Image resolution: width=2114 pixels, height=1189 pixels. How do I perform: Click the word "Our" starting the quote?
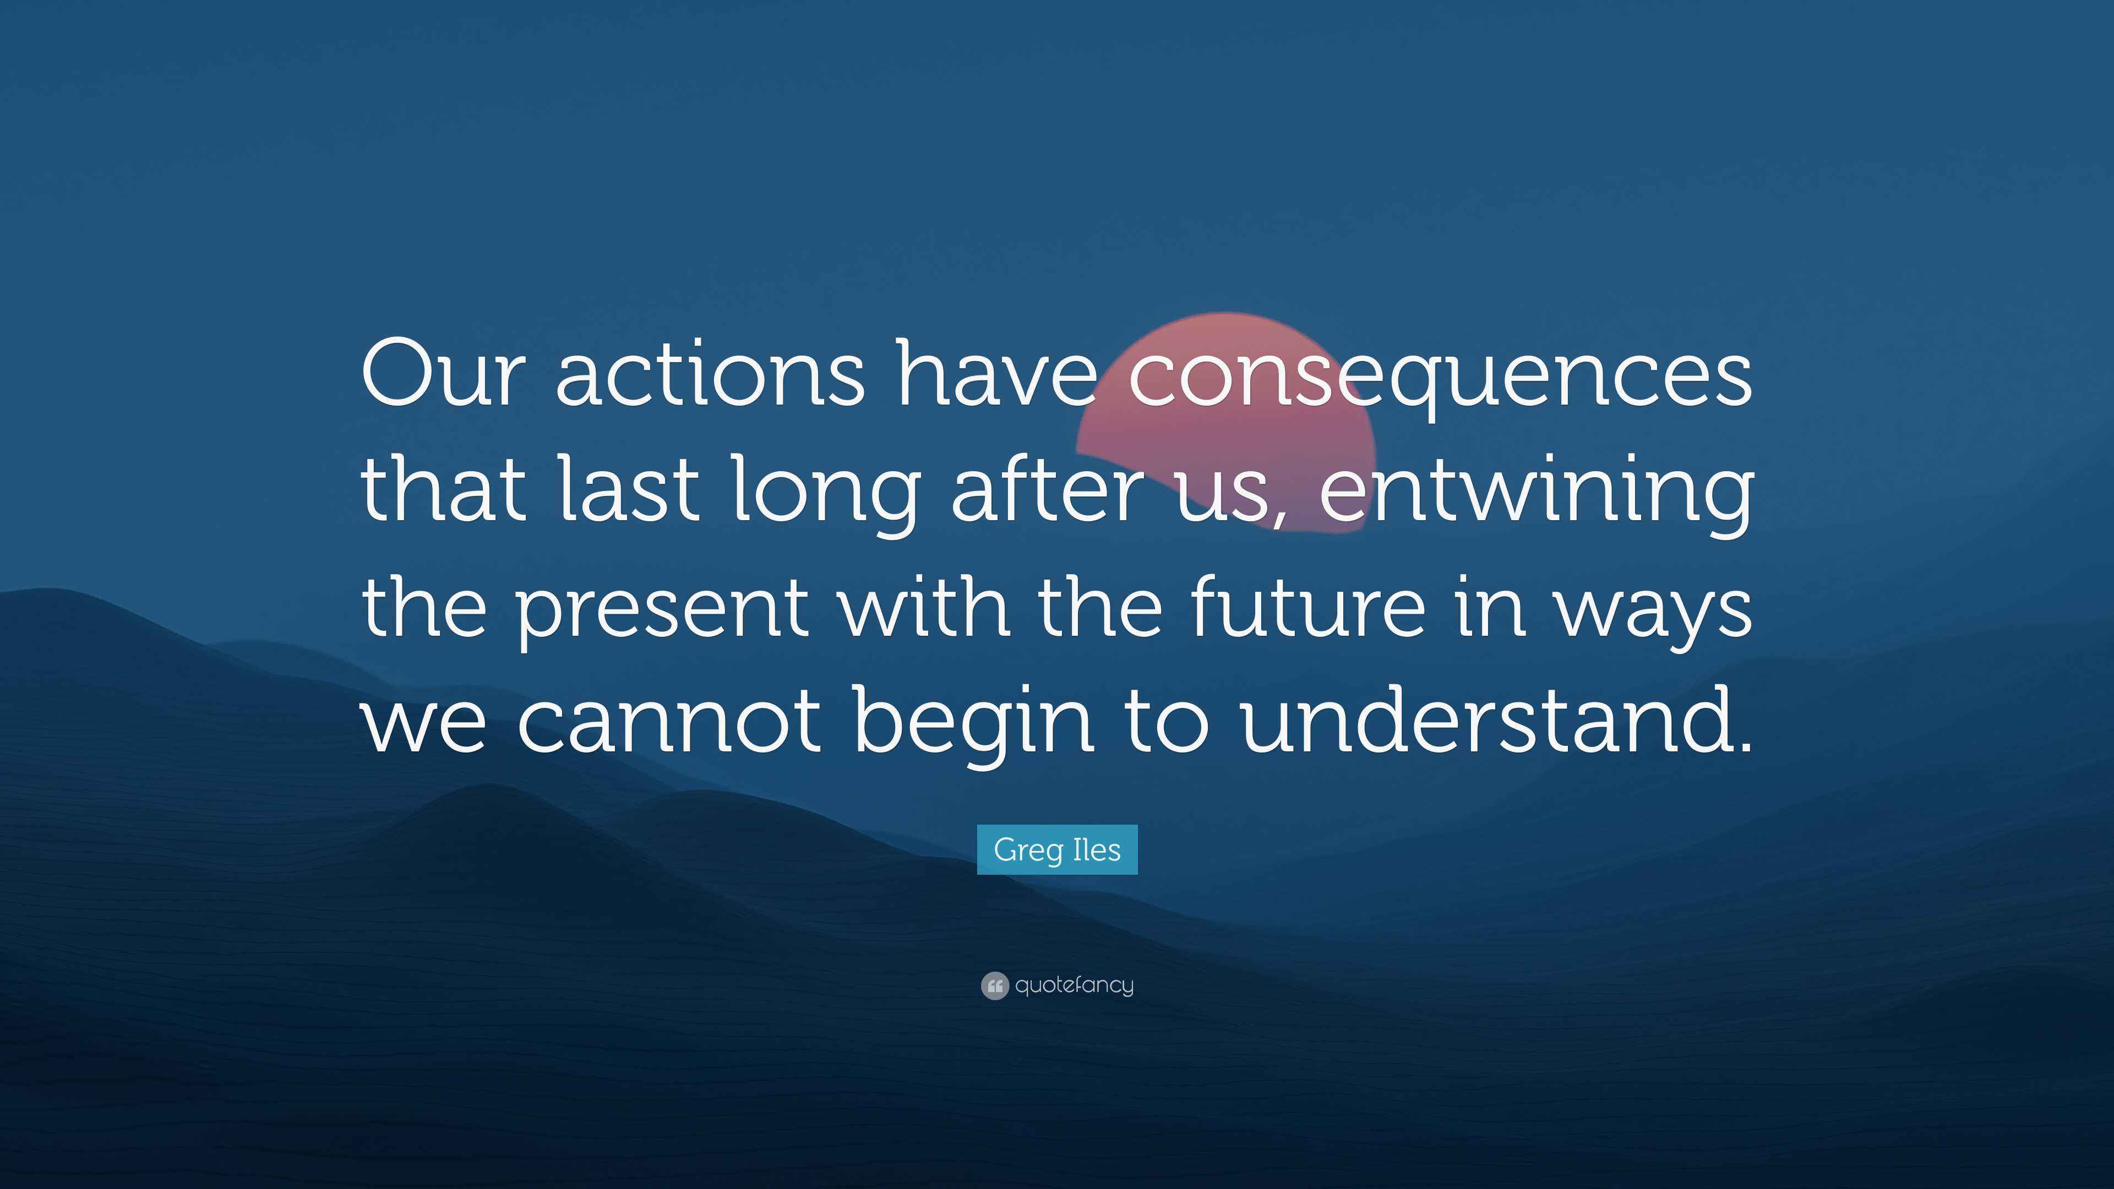(x=440, y=374)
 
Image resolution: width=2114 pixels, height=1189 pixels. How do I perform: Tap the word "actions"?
(x=709, y=374)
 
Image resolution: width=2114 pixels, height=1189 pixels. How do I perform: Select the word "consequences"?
(x=1440, y=378)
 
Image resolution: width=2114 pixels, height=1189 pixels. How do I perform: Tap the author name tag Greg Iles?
(x=1057, y=849)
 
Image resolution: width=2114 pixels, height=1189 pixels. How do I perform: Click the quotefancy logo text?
(x=1074, y=985)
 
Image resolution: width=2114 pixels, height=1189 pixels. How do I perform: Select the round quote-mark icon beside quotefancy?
(x=994, y=985)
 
